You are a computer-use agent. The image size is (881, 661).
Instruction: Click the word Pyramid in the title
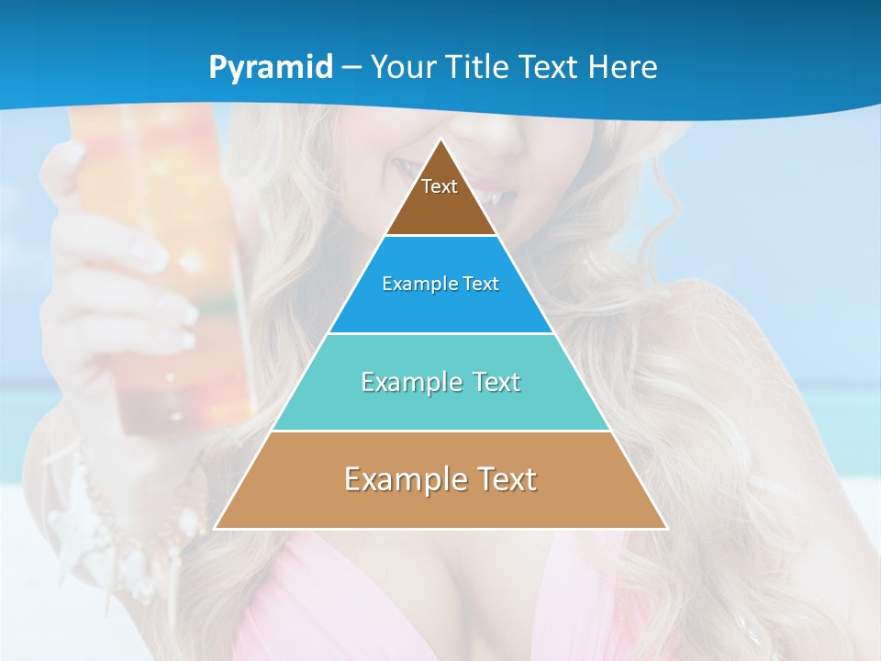pos(271,68)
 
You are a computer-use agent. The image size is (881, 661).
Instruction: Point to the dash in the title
pos(351,68)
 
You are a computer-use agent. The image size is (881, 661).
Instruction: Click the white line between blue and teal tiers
pos(440,333)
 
